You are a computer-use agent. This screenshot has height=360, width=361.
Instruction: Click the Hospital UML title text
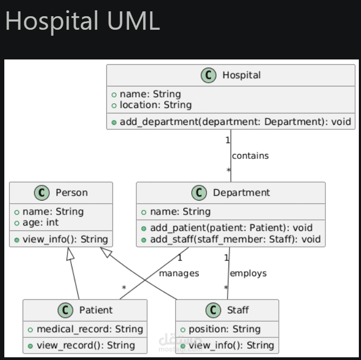tap(83, 21)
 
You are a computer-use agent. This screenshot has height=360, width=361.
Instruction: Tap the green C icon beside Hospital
tap(209, 75)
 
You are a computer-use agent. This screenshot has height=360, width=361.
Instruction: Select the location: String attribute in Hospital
tap(156, 105)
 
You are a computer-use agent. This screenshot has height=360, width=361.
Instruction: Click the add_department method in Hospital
tap(235, 122)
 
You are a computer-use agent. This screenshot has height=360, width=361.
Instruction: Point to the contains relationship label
tap(250, 156)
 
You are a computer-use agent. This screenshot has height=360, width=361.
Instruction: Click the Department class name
tap(241, 192)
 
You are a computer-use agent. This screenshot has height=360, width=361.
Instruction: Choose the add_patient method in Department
tap(231, 228)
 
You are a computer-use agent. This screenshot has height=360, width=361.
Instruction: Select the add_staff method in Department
tap(235, 239)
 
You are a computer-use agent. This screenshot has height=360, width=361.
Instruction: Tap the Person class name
tap(71, 192)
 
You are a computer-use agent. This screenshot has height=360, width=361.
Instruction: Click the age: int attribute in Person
tap(41, 223)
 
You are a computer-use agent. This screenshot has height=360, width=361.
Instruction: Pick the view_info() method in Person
tap(65, 239)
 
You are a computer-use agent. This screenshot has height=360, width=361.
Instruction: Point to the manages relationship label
tap(179, 274)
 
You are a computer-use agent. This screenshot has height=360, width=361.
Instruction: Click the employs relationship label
tap(248, 274)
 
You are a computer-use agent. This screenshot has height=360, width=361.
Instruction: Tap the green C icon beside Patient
tap(65, 310)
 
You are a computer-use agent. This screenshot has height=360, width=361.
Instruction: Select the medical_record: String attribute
tap(90, 329)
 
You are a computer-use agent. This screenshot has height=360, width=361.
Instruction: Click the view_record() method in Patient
tap(85, 345)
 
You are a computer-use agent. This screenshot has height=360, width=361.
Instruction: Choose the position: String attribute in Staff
tap(224, 329)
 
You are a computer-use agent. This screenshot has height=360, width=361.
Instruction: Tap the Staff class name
tap(238, 310)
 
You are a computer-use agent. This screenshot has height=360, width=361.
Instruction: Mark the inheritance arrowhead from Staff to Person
tap(106, 252)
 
